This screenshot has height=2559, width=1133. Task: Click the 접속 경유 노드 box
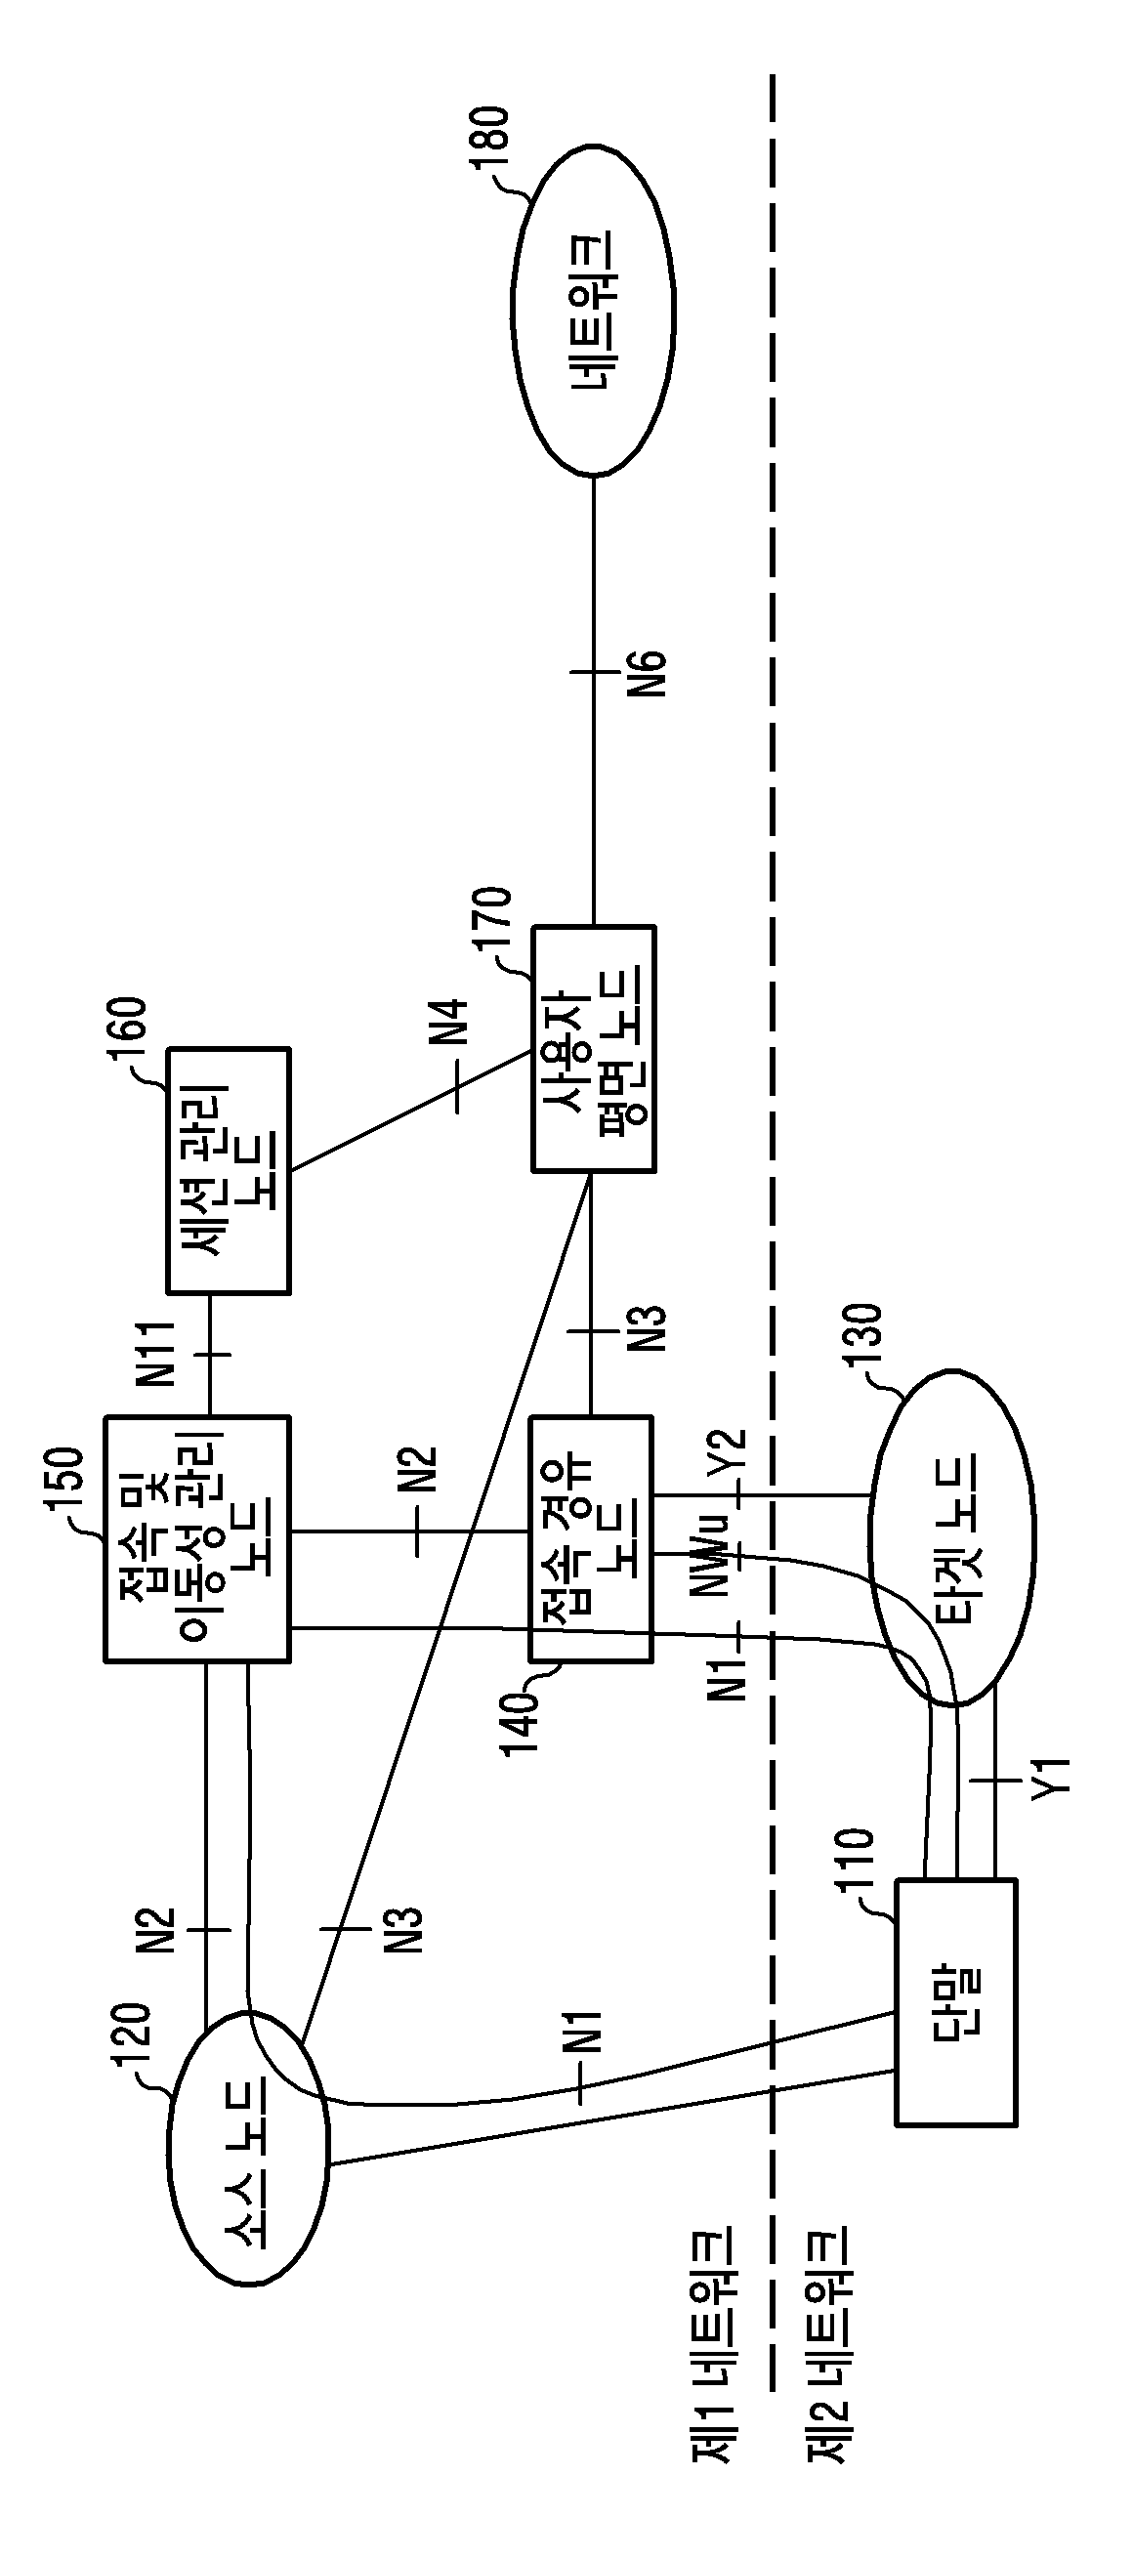point(591,1538)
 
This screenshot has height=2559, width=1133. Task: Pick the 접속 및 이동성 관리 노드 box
point(197,1538)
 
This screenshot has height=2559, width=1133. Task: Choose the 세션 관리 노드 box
point(229,1170)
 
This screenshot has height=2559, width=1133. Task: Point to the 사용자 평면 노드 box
point(594,1049)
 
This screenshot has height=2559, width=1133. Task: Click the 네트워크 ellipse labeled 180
point(593,310)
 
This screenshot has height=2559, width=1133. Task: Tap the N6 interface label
point(650,673)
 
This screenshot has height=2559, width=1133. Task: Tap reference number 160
point(130,1034)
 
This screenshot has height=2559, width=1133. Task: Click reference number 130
point(861,1337)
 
